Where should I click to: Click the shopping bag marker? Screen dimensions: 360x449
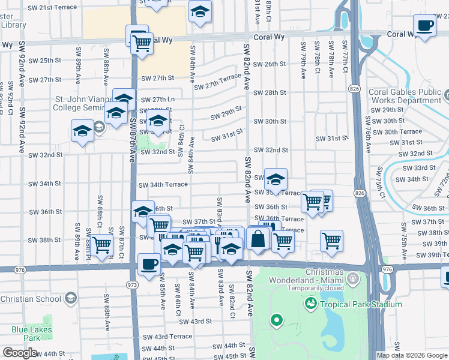point(258,238)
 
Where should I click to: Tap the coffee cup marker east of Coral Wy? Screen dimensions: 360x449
point(425,26)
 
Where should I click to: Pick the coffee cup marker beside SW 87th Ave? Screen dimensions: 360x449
point(149,263)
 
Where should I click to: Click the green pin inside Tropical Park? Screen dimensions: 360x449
point(276,320)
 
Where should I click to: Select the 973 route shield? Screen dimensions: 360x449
point(133,285)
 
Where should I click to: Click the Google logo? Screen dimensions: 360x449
point(20,353)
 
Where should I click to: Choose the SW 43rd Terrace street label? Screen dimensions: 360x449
point(166,337)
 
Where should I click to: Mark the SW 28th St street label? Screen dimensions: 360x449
point(270,93)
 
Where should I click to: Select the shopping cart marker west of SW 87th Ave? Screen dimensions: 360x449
point(102,244)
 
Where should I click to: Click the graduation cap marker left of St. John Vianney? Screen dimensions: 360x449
point(82,131)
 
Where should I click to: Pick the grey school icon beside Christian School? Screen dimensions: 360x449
point(71,298)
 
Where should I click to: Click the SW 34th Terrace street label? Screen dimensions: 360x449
point(164,185)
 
